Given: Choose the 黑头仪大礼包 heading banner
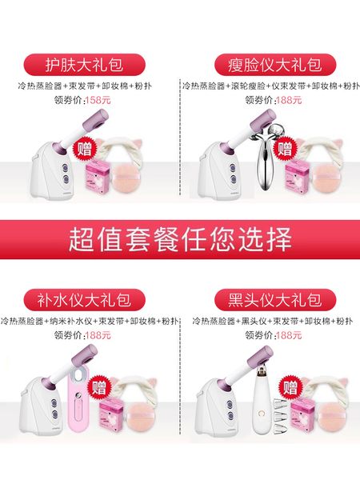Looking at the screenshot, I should click(x=270, y=301).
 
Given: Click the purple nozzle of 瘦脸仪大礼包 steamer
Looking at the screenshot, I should click(x=244, y=123).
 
